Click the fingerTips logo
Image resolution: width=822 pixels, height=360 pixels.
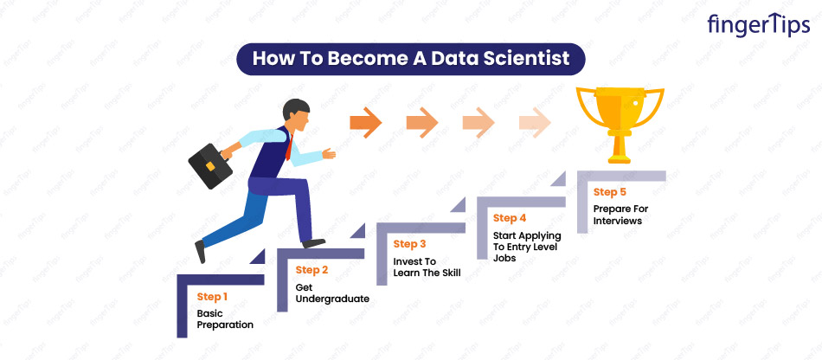pyautogui.click(x=758, y=24)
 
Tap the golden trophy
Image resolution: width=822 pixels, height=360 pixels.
pyautogui.click(x=620, y=125)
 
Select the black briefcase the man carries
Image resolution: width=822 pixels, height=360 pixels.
pyautogui.click(x=210, y=166)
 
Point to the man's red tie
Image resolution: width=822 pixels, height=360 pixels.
pyautogui.click(x=289, y=147)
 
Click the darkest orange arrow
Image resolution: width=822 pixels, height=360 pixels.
pyautogui.click(x=365, y=123)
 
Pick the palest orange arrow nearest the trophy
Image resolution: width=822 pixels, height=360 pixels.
pyautogui.click(x=535, y=123)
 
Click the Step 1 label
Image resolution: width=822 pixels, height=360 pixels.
pyautogui.click(x=212, y=297)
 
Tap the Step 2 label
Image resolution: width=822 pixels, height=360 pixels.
pyautogui.click(x=311, y=270)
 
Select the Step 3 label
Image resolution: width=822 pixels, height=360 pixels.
pyautogui.click(x=410, y=244)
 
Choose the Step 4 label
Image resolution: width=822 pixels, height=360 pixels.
pyautogui.click(x=510, y=218)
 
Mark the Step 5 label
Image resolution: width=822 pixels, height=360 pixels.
pyautogui.click(x=610, y=192)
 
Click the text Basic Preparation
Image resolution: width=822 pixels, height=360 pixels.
pyautogui.click(x=225, y=319)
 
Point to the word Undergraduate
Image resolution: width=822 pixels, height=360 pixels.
pyautogui.click(x=332, y=299)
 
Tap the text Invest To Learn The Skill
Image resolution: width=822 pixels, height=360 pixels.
pyautogui.click(x=427, y=267)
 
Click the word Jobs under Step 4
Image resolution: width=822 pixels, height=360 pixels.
pyautogui.click(x=504, y=258)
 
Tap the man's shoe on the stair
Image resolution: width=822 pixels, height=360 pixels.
pyautogui.click(x=313, y=243)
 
